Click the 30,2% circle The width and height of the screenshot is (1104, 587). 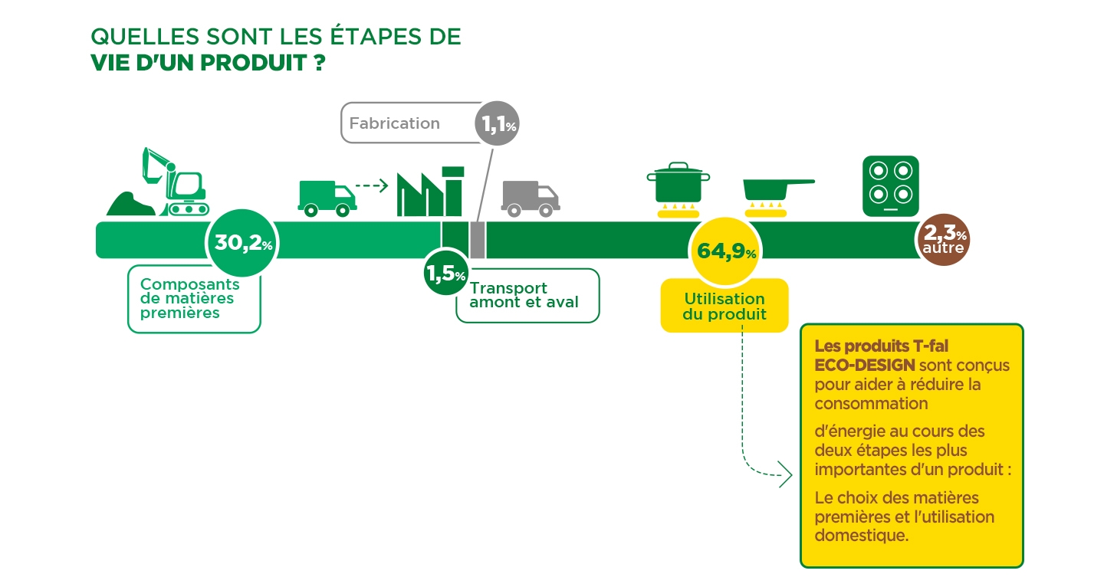[242, 243]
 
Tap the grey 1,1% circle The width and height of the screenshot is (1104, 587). [497, 123]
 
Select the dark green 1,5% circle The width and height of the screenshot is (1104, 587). [445, 273]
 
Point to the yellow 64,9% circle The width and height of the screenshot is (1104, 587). [725, 251]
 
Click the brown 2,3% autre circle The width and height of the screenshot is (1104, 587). [944, 240]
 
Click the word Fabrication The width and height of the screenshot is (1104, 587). [394, 123]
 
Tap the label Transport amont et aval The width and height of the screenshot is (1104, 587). [524, 295]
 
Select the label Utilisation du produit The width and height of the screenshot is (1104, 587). [724, 307]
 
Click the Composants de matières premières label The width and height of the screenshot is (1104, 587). [190, 298]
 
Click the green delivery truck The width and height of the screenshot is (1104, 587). [327, 198]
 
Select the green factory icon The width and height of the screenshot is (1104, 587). [430, 192]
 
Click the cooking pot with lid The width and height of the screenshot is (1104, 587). [678, 189]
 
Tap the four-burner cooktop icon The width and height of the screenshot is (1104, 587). [891, 186]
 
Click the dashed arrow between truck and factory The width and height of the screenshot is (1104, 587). [372, 185]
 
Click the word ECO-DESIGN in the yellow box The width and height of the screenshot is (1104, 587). [865, 366]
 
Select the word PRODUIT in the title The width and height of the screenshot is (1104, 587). [254, 63]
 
